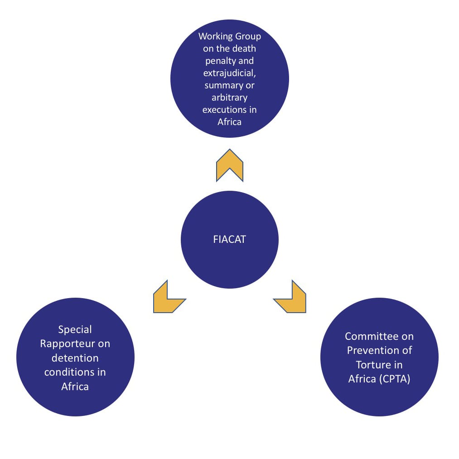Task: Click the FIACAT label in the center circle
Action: [229, 240]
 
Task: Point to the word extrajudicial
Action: [229, 73]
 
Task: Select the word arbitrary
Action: [229, 97]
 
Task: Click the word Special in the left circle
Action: [75, 329]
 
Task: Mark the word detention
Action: [75, 358]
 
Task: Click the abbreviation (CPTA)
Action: [395, 379]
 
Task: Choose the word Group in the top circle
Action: [247, 36]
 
